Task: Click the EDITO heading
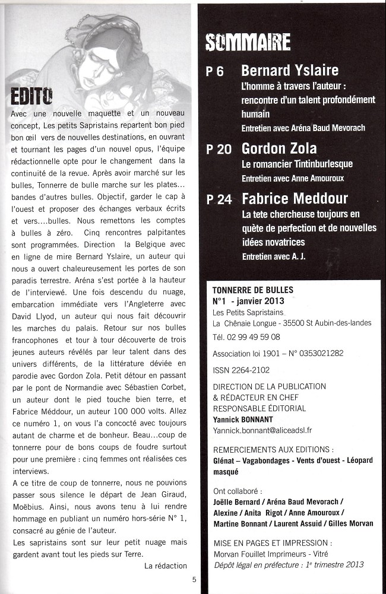pyautogui.click(x=31, y=96)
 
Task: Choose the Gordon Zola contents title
pyautogui.click(x=279, y=148)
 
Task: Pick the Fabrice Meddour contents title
pyautogui.click(x=295, y=198)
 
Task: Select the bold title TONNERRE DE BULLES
pyautogui.click(x=253, y=290)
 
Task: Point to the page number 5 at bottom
pyautogui.click(x=194, y=580)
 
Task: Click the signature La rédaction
pyautogui.click(x=166, y=566)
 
